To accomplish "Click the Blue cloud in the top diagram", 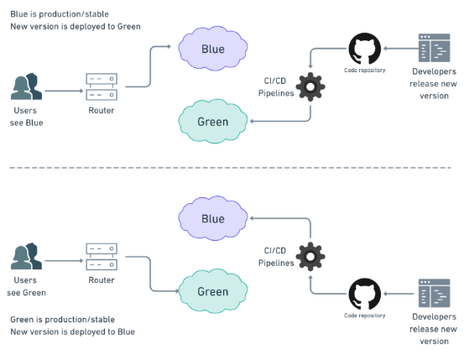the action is click(212, 49).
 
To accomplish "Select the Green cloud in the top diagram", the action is click(212, 121).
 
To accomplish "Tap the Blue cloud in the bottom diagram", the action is click(212, 218).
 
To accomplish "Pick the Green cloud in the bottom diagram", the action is click(212, 291).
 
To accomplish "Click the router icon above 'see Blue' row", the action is click(102, 86).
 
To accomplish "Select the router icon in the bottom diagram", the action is click(102, 257).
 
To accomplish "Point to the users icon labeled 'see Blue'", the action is click(26, 86).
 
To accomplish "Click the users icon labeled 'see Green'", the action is click(26, 256).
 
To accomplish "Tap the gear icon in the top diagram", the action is click(310, 86).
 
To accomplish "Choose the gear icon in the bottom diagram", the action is click(310, 257).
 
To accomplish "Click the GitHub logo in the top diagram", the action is click(365, 49).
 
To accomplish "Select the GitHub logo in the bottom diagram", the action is click(365, 294).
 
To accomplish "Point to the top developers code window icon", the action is click(434, 48).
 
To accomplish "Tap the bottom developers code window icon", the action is click(434, 293).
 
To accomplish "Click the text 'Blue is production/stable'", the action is click(60, 14).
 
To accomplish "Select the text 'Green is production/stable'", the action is click(63, 320).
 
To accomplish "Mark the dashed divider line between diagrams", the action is click(231, 168).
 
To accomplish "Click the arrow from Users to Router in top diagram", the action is click(64, 91).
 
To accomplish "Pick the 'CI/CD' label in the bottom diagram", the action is click(275, 250).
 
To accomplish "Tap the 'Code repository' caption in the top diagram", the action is click(365, 70).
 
